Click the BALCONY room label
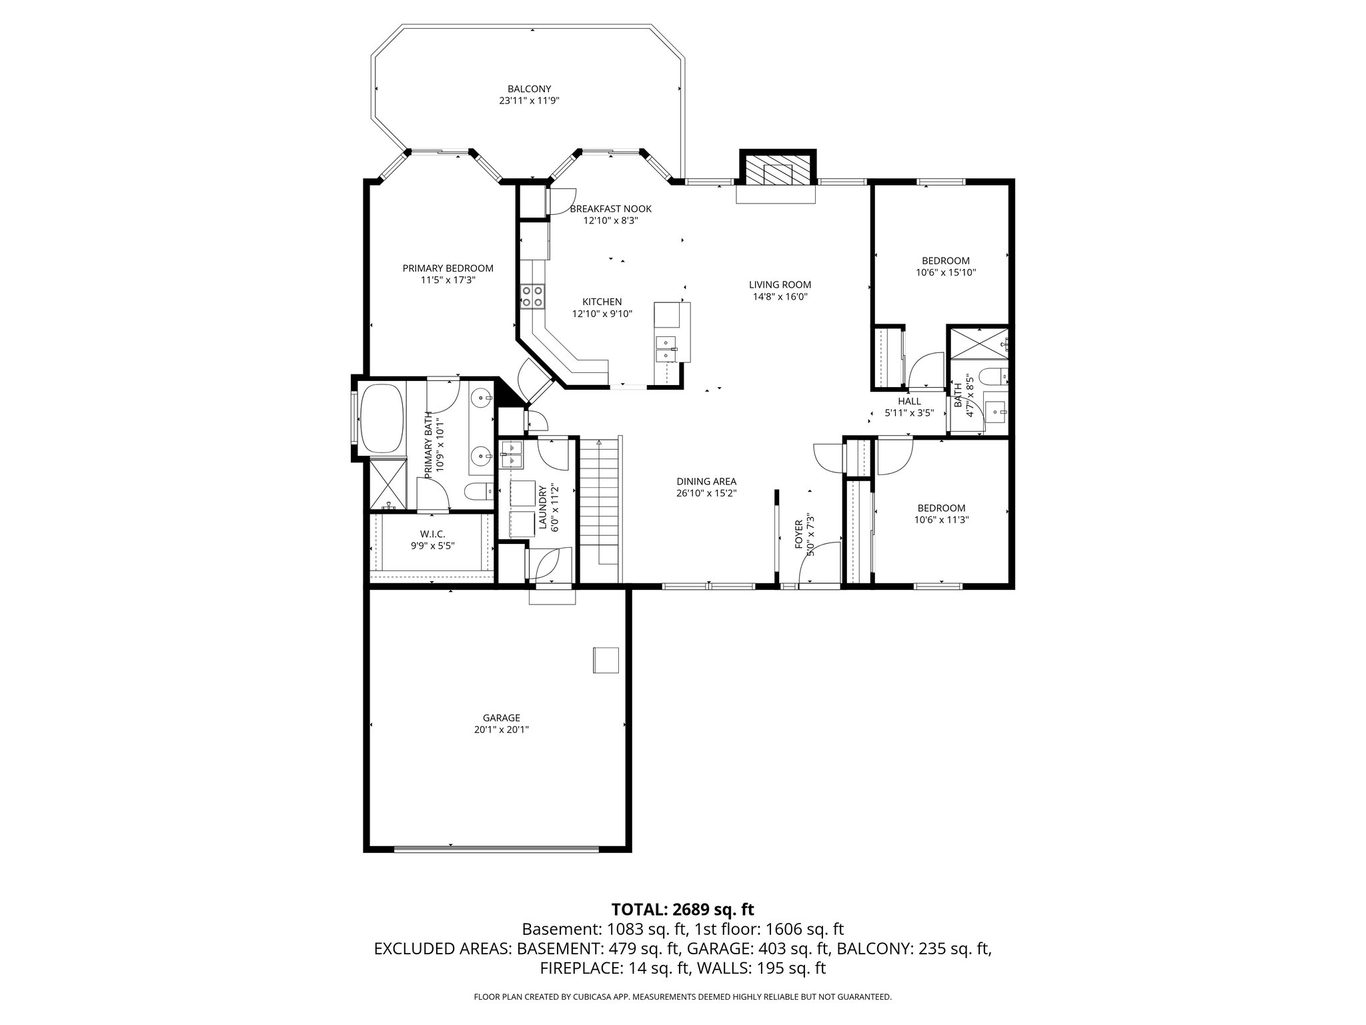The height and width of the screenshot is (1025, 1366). (x=529, y=89)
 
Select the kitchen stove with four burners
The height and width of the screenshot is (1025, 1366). (x=532, y=296)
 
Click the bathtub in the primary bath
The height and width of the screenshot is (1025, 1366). (x=382, y=418)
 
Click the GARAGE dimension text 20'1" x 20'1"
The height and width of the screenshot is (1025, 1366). (x=501, y=729)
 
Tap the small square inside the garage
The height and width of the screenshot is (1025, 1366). (x=606, y=660)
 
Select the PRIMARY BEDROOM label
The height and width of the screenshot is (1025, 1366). (x=448, y=268)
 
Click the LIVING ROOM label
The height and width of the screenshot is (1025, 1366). (x=780, y=285)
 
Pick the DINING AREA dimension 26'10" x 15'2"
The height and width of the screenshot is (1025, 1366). (x=706, y=493)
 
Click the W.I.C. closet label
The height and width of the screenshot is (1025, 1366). (x=432, y=534)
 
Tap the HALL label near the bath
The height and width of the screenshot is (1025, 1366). (x=908, y=401)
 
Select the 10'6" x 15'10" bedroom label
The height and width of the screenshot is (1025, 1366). (x=945, y=272)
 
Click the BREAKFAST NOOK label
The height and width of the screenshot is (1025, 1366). (x=610, y=209)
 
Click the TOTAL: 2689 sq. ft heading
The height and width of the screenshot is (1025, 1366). (x=682, y=909)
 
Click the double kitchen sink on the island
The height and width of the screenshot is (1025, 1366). (x=666, y=350)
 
